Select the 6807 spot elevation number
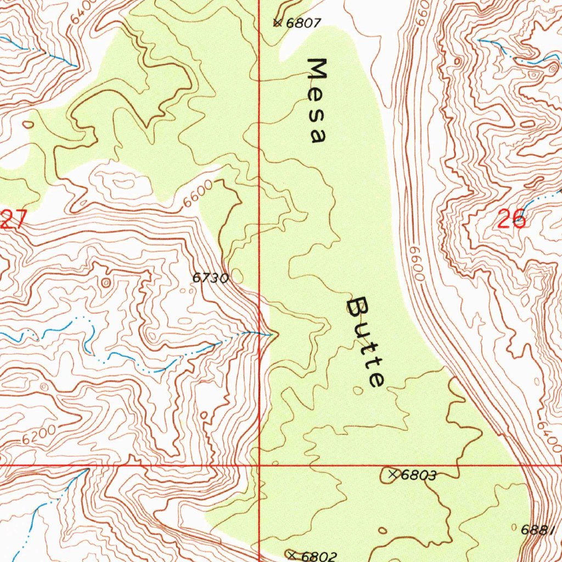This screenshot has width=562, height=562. [x=304, y=23]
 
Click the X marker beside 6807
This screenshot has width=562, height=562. [x=277, y=23]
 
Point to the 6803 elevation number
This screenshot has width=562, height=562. [x=419, y=475]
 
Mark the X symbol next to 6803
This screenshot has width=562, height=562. [x=392, y=474]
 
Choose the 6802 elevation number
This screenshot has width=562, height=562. [x=319, y=555]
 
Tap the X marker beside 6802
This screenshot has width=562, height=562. [x=291, y=554]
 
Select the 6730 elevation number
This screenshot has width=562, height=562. [x=210, y=278]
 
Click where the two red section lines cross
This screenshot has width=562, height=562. [x=259, y=465]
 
